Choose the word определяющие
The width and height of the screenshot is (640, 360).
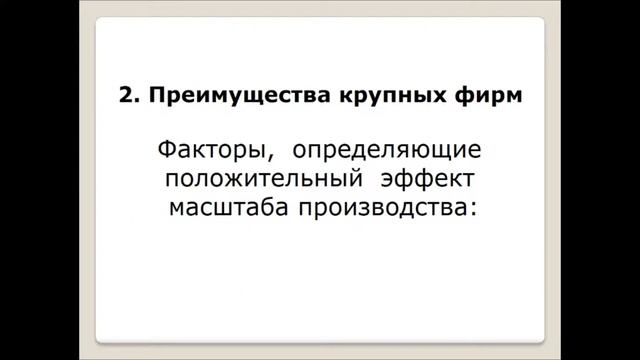point(387,153)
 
